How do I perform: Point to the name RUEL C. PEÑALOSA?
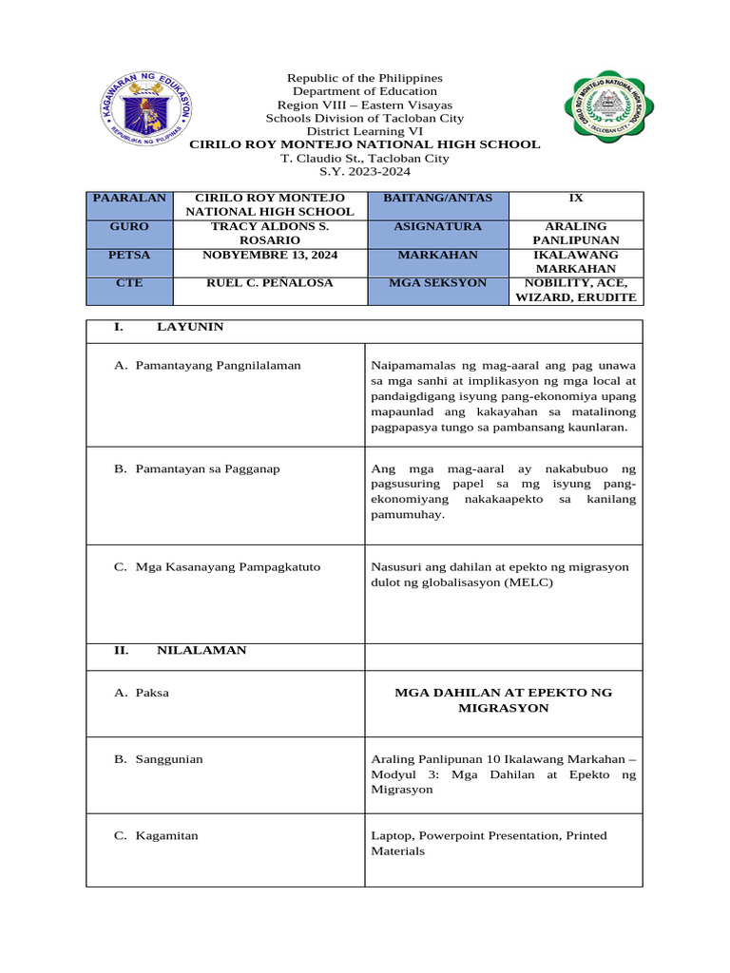click(x=269, y=283)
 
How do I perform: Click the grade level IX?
click(x=575, y=199)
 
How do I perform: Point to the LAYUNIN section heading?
click(x=190, y=327)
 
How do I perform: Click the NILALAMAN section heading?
click(x=201, y=651)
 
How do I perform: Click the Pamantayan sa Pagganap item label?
click(x=207, y=469)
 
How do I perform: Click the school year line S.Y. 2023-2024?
click(x=365, y=172)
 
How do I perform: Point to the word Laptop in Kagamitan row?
click(x=391, y=836)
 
